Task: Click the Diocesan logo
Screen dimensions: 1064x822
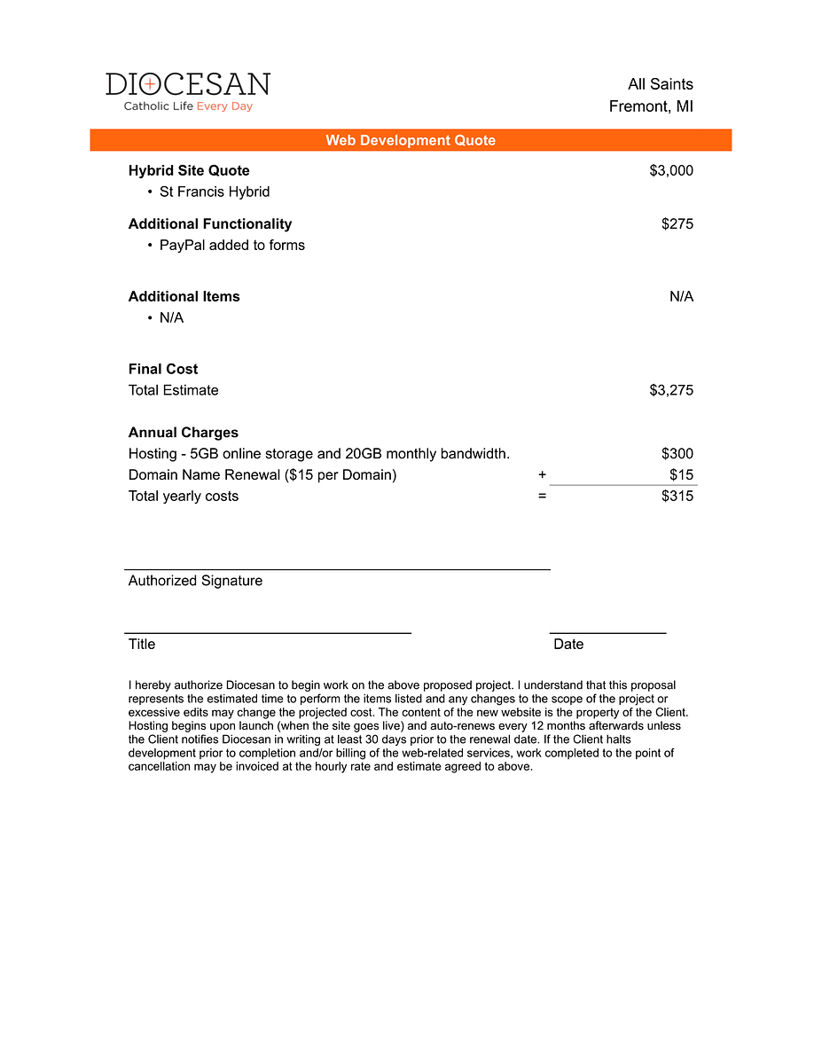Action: tap(188, 91)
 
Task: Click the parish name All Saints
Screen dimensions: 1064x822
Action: tap(660, 84)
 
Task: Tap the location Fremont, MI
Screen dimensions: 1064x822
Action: tap(651, 106)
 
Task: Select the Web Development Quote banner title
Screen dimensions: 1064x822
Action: tap(411, 140)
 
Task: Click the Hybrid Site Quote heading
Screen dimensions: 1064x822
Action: tap(189, 170)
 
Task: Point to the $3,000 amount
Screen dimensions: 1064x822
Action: tap(671, 170)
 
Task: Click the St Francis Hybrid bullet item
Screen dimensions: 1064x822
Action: tap(214, 192)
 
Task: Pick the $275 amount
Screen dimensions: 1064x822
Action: tap(677, 223)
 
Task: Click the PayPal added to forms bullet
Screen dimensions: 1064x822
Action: tap(231, 245)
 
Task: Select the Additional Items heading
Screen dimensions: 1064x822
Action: tap(184, 296)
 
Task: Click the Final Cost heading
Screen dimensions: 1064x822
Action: tap(163, 369)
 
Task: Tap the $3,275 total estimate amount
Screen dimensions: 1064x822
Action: tap(671, 390)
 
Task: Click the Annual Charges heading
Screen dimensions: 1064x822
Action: tap(183, 433)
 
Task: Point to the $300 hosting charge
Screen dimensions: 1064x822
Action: tap(677, 454)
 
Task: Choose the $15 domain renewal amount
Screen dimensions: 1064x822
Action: tap(681, 474)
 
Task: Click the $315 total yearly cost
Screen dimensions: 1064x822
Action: tap(677, 496)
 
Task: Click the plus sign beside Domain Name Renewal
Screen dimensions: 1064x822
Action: tap(542, 474)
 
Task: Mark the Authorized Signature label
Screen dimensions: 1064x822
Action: tap(195, 581)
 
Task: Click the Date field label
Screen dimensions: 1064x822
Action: tap(568, 645)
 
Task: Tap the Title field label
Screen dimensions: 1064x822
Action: tap(142, 645)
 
